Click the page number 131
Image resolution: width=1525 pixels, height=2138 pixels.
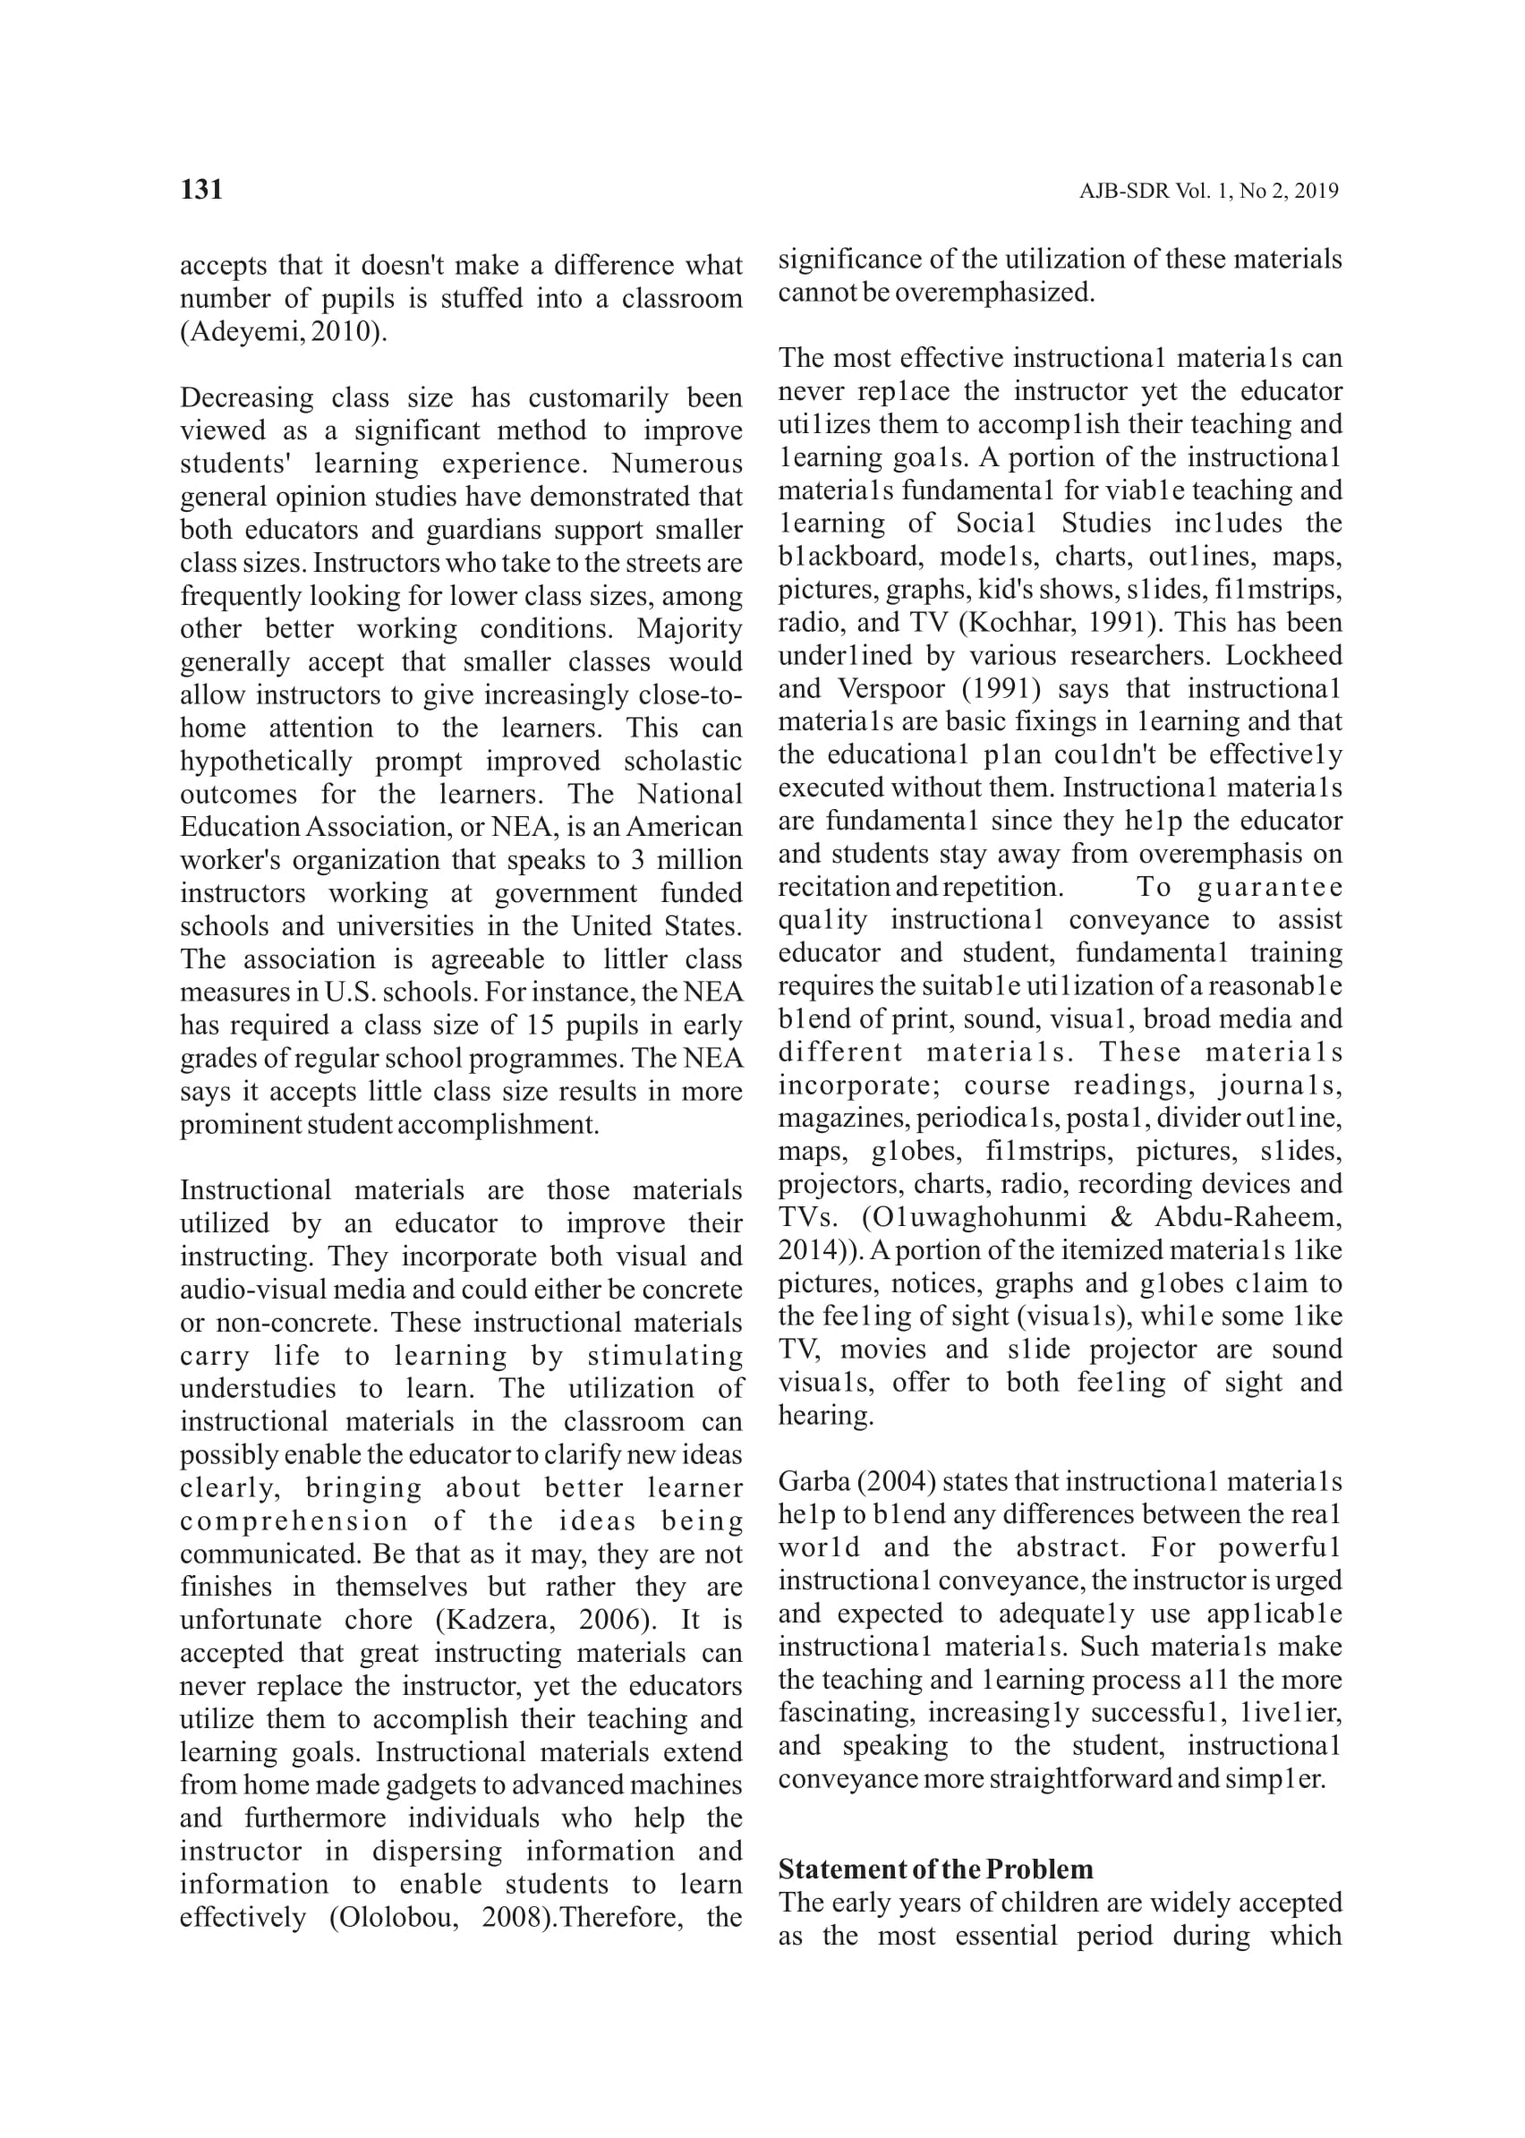point(201,190)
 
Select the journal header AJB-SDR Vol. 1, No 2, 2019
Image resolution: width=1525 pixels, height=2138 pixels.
point(1208,192)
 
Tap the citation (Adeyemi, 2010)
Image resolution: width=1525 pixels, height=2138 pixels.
point(283,332)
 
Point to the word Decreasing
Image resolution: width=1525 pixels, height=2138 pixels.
point(247,398)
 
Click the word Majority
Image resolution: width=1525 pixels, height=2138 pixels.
point(690,629)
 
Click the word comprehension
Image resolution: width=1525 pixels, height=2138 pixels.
point(294,1521)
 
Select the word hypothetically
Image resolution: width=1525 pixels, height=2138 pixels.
point(266,762)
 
